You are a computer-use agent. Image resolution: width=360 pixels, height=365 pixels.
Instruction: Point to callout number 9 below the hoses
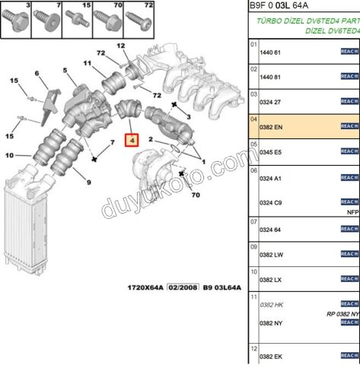coord(88,182)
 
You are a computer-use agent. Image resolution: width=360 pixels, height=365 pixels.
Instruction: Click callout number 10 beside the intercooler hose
coord(8,156)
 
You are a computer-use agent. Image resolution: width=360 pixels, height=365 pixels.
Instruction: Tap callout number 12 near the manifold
coord(121,46)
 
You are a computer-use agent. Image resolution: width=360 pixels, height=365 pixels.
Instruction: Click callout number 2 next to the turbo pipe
coord(152,140)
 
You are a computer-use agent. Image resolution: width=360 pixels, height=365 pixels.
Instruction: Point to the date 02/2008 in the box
coord(183,288)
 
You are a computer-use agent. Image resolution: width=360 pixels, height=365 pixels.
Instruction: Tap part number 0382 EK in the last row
coord(271,357)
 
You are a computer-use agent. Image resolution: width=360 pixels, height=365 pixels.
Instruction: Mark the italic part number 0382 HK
coord(271,304)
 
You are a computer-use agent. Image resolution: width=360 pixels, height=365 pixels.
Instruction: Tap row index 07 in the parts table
coord(253,222)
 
